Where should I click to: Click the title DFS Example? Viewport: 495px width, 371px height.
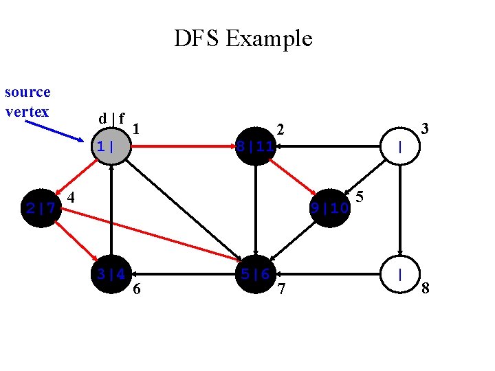(x=243, y=38)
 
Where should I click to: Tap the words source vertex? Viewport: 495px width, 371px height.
(x=27, y=102)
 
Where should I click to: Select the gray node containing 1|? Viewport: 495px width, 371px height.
(x=111, y=146)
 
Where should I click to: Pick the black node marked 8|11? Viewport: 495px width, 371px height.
(x=255, y=146)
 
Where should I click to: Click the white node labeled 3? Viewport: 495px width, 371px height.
(x=399, y=146)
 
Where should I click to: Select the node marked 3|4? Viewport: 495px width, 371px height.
(x=111, y=274)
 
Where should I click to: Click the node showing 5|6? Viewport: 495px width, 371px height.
(x=255, y=274)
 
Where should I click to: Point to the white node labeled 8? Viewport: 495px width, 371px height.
(x=399, y=274)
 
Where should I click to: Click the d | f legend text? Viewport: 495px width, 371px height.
(x=111, y=118)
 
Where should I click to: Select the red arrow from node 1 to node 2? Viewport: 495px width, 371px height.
(x=182, y=146)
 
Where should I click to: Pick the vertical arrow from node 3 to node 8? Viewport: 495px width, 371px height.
(x=399, y=210)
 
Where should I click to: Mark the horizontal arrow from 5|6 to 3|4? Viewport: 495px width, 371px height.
(x=183, y=274)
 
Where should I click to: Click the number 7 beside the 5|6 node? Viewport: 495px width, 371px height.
(x=280, y=289)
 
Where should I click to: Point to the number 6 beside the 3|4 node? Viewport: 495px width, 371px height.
(x=136, y=289)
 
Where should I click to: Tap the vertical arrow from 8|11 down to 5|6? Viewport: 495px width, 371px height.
(x=255, y=210)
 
